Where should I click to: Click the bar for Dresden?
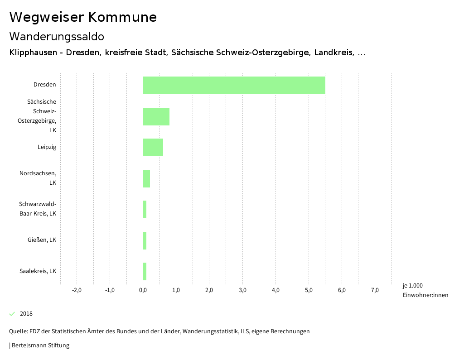pos(234,85)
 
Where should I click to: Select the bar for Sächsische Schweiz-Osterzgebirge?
pos(156,116)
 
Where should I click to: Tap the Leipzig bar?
pos(153,147)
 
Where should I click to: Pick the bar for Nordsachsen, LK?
pos(146,178)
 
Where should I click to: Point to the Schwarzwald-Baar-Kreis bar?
pos(145,209)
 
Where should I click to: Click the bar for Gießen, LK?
pos(145,240)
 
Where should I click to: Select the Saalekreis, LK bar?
pos(145,271)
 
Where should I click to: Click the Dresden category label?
pos(44,85)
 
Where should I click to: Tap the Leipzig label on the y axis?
pos(47,147)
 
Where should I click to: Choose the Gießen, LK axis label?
pos(42,240)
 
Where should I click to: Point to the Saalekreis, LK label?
pos(38,271)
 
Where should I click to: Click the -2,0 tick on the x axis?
pos(77,290)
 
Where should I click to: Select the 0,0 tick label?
pos(143,290)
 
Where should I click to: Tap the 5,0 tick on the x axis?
pos(309,290)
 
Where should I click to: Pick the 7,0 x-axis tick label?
pos(375,290)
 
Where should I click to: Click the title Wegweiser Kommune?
pos(83,17)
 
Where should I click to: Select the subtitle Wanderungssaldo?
pos(57,36)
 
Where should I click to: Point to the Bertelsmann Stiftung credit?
pos(40,346)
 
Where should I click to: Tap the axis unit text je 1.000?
pos(412,286)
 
